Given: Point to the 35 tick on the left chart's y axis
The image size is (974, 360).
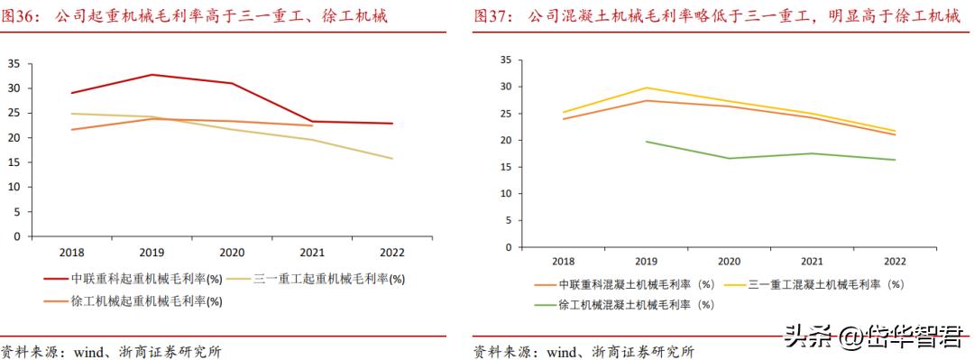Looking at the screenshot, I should [x=14, y=63].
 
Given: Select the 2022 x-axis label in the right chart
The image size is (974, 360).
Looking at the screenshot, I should [x=894, y=262].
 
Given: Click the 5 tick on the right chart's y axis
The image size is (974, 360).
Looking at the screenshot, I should [x=508, y=220].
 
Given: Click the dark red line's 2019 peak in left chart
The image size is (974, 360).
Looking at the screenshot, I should [x=152, y=75].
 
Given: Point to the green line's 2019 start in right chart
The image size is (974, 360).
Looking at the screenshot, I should [x=647, y=142].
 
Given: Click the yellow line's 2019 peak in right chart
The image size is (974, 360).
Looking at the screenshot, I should [x=647, y=88].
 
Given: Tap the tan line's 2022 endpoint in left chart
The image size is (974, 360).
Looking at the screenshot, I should [x=391, y=159].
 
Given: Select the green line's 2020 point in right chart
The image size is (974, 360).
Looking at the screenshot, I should [x=729, y=159].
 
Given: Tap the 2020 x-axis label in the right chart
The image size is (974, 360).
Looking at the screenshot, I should [x=729, y=262].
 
